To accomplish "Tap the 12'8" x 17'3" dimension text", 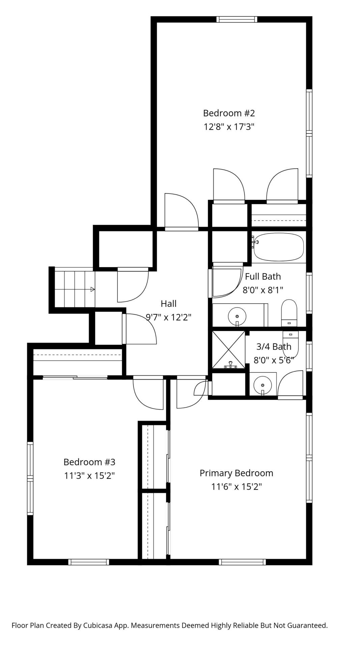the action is [229, 127].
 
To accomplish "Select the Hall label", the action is [168, 303].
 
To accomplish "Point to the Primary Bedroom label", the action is [236, 473].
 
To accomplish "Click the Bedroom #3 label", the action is [89, 462].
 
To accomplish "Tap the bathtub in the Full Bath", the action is [279, 247].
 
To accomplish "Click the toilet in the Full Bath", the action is [289, 313].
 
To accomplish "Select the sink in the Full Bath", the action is [237, 316].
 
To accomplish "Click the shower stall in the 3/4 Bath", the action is [228, 350].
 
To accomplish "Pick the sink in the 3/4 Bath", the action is [262, 384].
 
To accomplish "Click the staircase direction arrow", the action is [92, 289].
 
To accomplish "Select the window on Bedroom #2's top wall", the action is [237, 19].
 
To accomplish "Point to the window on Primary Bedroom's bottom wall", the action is [242, 562].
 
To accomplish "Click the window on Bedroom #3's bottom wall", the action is [89, 562].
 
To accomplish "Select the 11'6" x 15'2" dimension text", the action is [237, 487].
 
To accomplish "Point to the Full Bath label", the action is [263, 276].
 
